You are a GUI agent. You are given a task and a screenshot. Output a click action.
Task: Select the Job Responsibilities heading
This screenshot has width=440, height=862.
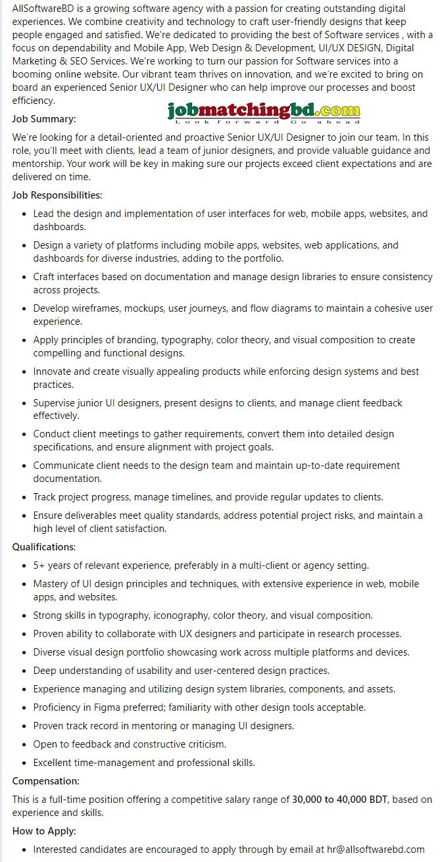(x=57, y=195)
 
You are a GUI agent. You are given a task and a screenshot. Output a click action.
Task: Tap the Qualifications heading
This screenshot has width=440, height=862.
(x=44, y=547)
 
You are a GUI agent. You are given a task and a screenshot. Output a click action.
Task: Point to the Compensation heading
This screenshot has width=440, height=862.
(x=46, y=781)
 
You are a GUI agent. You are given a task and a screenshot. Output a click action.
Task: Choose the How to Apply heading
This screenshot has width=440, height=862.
(x=44, y=831)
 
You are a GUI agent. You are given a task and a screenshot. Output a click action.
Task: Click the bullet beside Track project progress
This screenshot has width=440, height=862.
(x=24, y=497)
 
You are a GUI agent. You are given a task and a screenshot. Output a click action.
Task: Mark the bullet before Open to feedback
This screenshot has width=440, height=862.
(x=24, y=744)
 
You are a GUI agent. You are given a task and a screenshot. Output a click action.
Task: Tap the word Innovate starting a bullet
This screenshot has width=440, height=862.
(x=53, y=371)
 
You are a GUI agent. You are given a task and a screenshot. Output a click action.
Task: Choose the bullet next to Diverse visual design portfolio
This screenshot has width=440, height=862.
(x=24, y=652)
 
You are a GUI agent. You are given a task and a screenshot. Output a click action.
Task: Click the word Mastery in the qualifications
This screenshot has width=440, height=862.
(x=51, y=584)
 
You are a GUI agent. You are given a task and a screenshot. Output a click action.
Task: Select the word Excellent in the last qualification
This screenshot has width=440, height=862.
(x=55, y=763)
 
